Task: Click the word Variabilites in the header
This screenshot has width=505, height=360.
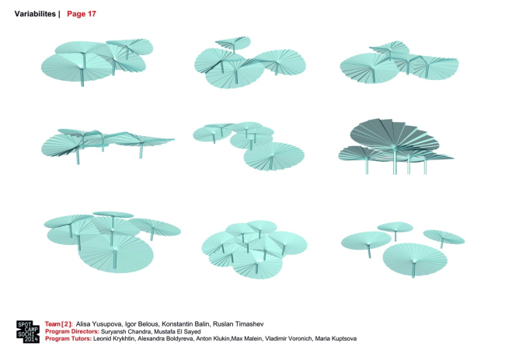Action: point(35,14)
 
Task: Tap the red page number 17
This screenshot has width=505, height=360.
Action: point(92,14)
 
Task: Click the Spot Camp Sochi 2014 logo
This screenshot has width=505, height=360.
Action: point(28,332)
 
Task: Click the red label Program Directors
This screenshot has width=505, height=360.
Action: point(72,332)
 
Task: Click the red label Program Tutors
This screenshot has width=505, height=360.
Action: point(68,339)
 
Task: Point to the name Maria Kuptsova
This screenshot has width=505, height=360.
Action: point(336,339)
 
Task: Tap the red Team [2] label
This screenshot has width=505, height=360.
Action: point(58,324)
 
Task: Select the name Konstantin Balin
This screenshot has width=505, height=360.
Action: point(186,324)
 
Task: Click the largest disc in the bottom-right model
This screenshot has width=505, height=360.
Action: point(415,258)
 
